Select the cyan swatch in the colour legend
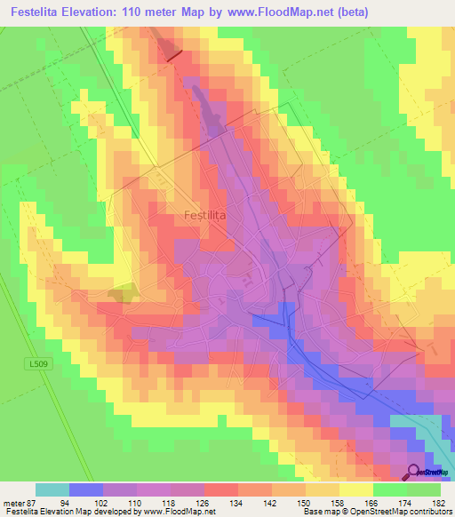(52, 489)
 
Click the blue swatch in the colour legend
(86, 489)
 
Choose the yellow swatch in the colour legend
(356, 489)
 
